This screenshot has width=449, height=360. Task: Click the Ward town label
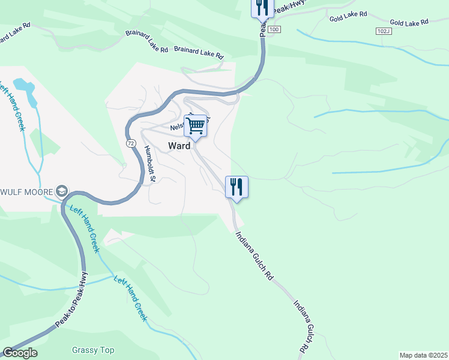click(x=179, y=146)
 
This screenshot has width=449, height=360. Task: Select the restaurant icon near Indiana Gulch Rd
click(x=237, y=187)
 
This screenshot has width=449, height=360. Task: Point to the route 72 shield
click(x=130, y=144)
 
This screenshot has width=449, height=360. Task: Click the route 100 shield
click(x=274, y=29)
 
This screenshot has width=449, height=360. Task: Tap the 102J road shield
click(x=383, y=31)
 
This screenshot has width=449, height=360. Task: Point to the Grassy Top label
click(x=93, y=350)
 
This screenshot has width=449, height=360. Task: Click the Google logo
click(x=19, y=353)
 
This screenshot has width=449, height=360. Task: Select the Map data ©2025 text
click(x=423, y=355)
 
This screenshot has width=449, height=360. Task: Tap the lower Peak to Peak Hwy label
click(x=71, y=299)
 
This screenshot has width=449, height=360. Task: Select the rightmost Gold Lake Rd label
click(x=408, y=22)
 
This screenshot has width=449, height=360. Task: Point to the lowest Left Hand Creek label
click(x=131, y=299)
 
